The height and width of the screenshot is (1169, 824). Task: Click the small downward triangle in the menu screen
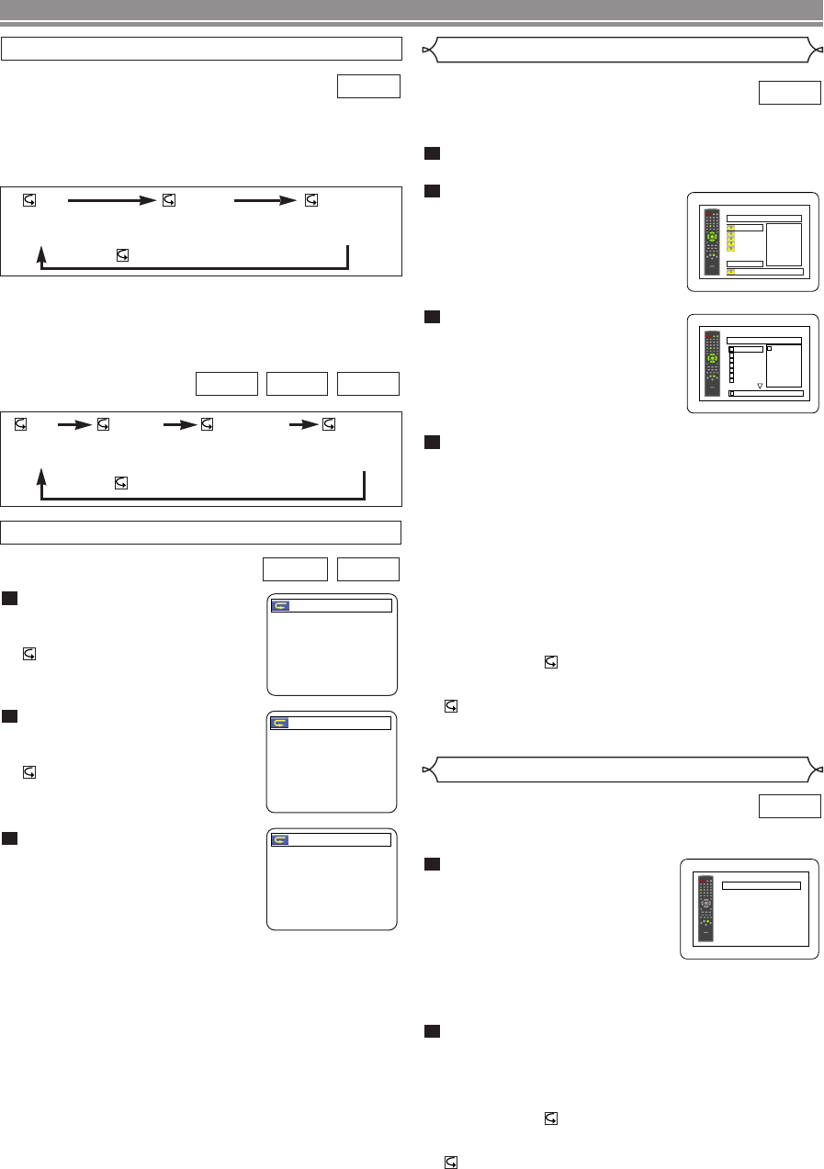(x=760, y=386)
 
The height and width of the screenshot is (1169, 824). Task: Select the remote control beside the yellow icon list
(x=711, y=244)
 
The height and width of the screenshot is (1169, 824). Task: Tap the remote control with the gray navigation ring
(x=706, y=909)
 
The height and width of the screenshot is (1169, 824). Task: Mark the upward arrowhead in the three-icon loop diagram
(x=41, y=253)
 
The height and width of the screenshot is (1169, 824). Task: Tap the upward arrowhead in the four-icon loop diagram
(x=41, y=477)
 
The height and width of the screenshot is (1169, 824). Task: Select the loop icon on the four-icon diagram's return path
(x=122, y=481)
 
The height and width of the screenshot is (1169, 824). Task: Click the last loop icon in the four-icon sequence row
(x=329, y=425)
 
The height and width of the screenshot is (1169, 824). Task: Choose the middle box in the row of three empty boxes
(x=296, y=384)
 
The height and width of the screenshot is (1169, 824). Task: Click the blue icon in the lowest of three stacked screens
(x=280, y=839)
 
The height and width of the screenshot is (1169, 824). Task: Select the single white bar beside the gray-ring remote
(x=762, y=886)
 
